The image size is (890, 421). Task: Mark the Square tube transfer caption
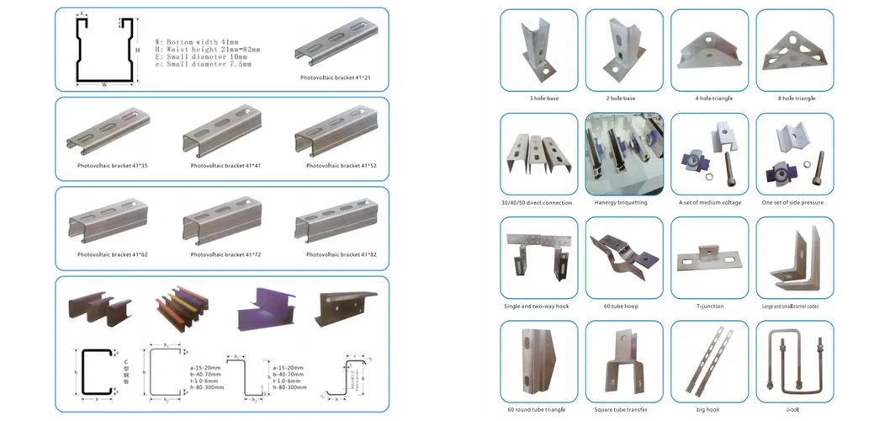pyautogui.click(x=623, y=409)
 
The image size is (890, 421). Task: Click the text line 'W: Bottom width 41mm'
pyautogui.click(x=196, y=41)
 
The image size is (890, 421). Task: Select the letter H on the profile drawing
pyautogui.click(x=135, y=50)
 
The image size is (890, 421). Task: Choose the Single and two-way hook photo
pyautogui.click(x=538, y=256)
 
